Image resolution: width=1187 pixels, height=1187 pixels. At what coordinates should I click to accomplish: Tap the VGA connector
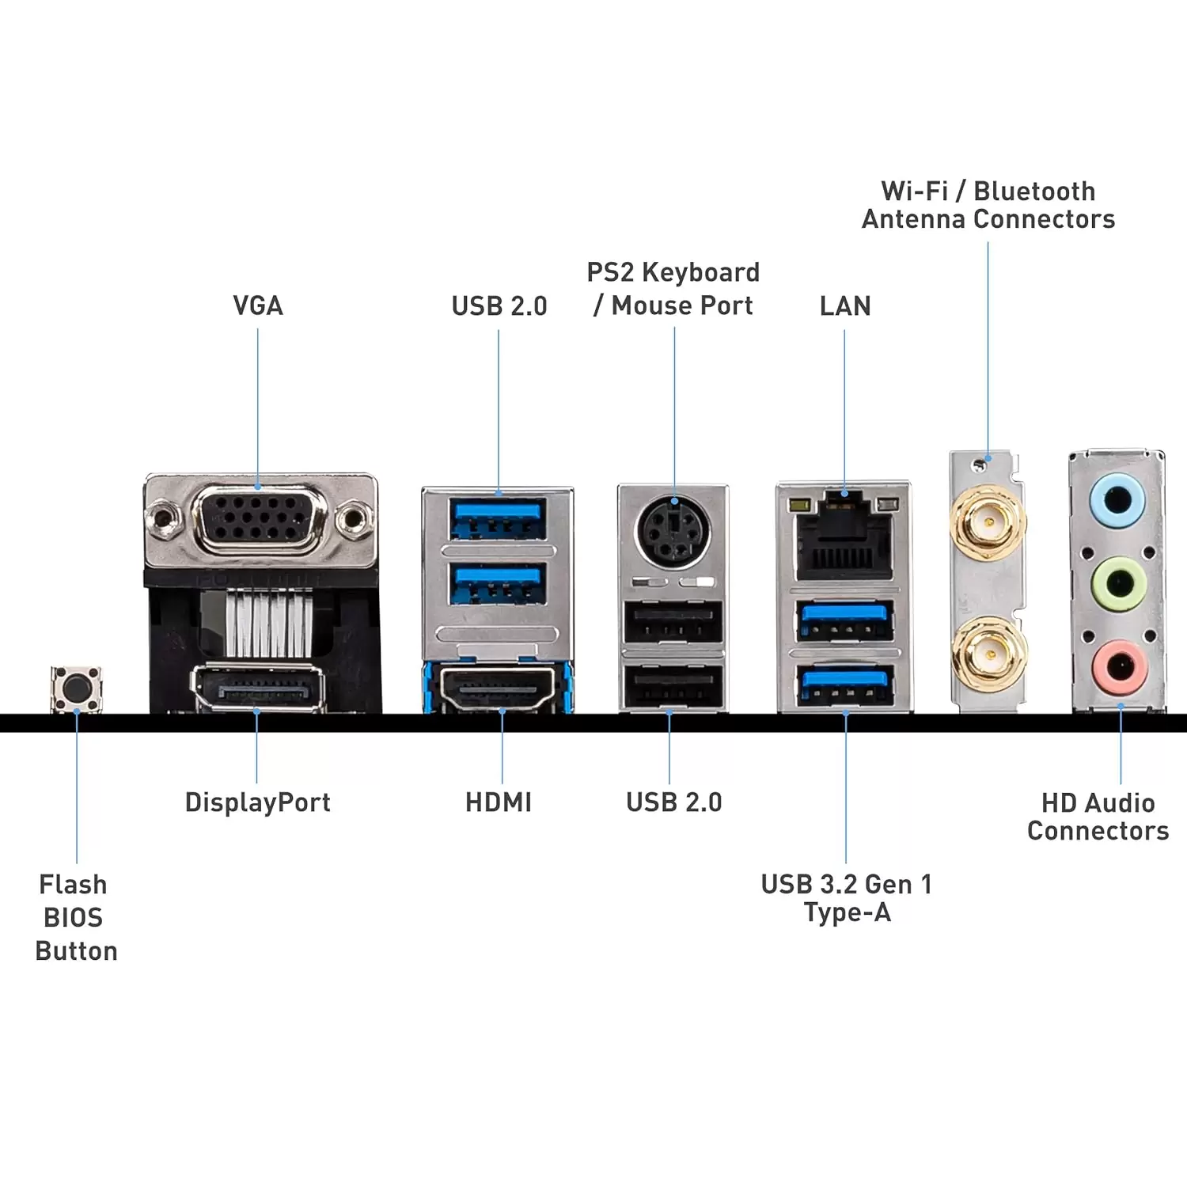tap(260, 519)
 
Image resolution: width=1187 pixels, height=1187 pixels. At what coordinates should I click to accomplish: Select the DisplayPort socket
tap(258, 688)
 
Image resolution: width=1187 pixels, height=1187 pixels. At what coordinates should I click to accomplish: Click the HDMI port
tap(498, 688)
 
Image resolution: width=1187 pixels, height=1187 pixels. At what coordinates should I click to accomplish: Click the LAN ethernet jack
tap(844, 538)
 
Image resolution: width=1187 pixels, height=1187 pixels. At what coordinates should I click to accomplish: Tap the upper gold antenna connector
tap(988, 522)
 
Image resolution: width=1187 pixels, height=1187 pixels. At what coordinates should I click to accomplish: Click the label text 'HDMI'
tap(499, 802)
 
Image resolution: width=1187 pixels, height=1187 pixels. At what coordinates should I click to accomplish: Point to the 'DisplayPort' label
tap(258, 802)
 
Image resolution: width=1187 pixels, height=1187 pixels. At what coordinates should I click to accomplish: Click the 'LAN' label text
tap(845, 306)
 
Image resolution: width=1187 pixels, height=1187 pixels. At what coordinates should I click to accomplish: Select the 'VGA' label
tap(258, 306)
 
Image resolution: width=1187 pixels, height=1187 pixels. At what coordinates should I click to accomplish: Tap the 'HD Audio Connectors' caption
tap(1098, 817)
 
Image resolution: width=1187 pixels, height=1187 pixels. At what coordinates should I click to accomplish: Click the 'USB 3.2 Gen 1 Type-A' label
tap(847, 898)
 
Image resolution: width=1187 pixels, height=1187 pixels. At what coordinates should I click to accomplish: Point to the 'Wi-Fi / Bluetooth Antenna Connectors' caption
tap(988, 205)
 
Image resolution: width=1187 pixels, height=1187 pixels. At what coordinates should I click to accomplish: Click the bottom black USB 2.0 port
tap(673, 685)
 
